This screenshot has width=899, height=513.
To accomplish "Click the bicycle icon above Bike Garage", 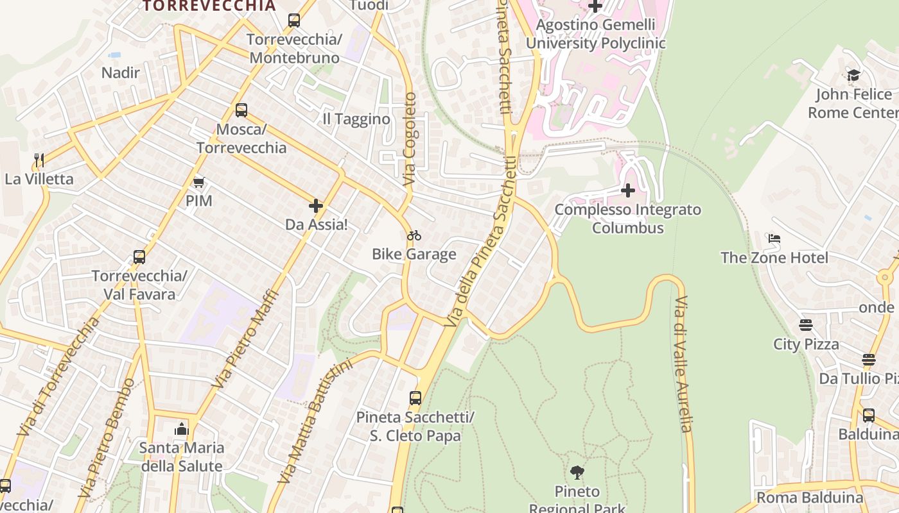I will click(414, 235).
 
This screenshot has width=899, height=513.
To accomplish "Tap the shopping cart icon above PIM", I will click(198, 183).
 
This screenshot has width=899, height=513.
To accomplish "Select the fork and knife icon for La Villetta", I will click(39, 160).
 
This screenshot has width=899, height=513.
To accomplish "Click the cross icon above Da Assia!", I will click(315, 206).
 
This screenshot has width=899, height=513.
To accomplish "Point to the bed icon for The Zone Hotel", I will click(774, 239).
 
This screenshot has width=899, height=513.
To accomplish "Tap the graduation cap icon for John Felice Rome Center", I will click(853, 75).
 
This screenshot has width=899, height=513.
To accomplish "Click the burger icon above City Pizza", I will click(806, 325).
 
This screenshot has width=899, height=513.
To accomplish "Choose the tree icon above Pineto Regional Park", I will click(577, 473).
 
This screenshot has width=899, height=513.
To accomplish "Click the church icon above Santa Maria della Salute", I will click(182, 429).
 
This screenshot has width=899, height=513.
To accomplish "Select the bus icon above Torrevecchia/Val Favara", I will click(139, 257).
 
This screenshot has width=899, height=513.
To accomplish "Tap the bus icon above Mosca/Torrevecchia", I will click(241, 110).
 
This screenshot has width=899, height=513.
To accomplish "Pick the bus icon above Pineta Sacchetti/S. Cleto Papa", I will click(415, 398).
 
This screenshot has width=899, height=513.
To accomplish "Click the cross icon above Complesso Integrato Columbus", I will click(628, 190).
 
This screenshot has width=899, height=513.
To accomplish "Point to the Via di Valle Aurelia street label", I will click(683, 364).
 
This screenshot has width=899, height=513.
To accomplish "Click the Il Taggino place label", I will click(356, 119).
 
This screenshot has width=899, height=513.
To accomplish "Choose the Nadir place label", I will click(121, 72).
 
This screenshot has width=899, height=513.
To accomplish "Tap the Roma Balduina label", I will click(810, 498).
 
